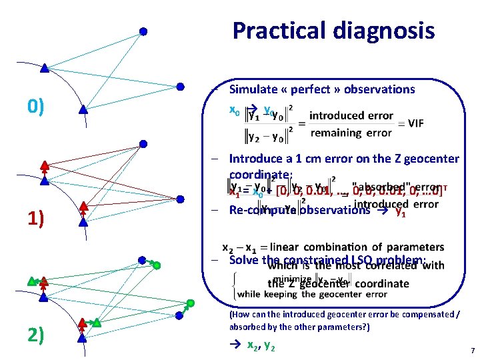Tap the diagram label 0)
(36, 105)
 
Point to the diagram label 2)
(36, 334)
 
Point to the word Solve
(244, 260)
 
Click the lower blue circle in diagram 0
(180, 86)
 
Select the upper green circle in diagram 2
(157, 265)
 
